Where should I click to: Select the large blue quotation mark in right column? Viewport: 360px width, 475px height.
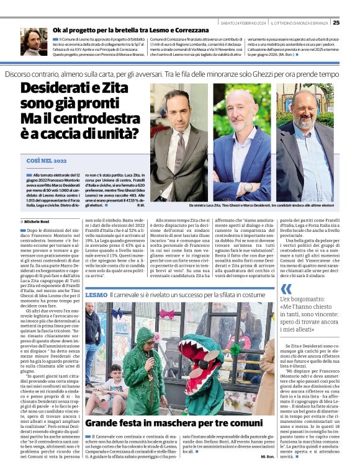click(286, 289)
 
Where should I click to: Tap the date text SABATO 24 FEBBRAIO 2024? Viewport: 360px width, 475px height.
click(243, 23)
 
